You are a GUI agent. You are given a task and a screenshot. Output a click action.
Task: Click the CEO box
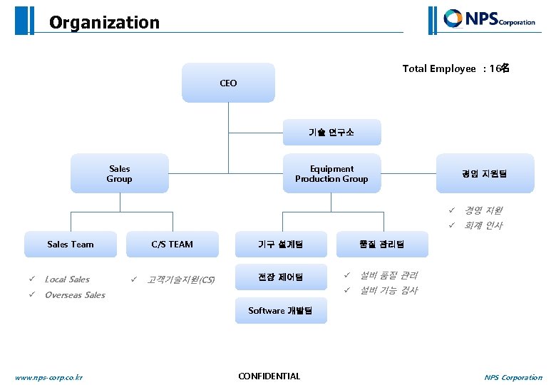[228, 83]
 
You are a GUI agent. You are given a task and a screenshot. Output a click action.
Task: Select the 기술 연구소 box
[331, 133]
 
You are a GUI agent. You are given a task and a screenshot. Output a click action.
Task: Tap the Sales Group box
[119, 173]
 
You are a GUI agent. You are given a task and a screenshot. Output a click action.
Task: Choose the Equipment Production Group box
[331, 173]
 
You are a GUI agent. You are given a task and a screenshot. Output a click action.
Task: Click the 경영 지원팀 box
[485, 173]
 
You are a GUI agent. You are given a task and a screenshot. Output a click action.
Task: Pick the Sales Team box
[71, 244]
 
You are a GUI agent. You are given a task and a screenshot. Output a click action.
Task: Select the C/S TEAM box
[172, 244]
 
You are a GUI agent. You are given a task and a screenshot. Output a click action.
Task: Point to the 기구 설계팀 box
[280, 244]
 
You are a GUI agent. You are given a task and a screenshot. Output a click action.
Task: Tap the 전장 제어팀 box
[280, 277]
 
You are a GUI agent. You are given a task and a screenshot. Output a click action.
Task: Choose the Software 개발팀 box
[280, 310]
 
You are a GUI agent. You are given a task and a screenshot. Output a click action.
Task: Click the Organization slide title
[104, 23]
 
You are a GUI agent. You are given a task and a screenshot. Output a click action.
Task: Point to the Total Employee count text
[455, 68]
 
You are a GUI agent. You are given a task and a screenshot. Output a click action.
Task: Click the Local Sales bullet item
[67, 279]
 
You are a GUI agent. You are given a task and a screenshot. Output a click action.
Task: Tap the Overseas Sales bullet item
[75, 295]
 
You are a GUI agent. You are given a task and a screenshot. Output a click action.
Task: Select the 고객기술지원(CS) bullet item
[180, 279]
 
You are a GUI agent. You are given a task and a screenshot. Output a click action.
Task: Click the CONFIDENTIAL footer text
[269, 376]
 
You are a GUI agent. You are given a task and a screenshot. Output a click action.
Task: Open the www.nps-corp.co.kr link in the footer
[48, 377]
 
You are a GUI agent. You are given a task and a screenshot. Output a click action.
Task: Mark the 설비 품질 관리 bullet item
[388, 275]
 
